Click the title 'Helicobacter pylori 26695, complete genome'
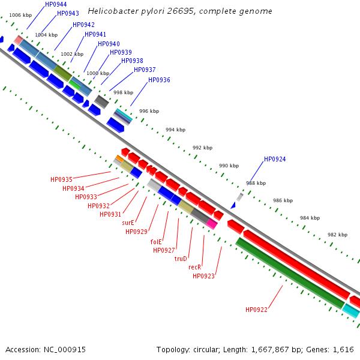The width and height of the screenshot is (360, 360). [179, 11]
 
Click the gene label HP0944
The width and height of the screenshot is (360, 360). [56, 4]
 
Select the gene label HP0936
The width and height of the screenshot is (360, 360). [159, 80]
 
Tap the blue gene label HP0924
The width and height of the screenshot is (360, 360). [275, 160]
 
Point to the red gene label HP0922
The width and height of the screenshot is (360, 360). [256, 310]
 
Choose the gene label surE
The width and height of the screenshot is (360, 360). [128, 222]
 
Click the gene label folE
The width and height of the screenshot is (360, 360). [156, 242]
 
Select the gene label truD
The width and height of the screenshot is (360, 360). [181, 259]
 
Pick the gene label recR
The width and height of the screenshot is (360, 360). [194, 267]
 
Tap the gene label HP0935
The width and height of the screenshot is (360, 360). [61, 179]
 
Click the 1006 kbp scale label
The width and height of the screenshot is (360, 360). [20, 14]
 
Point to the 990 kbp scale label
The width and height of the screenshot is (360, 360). [229, 166]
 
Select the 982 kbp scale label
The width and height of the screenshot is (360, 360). [337, 235]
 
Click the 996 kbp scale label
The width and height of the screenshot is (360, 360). [149, 111]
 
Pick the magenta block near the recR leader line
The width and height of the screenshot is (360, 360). [211, 224]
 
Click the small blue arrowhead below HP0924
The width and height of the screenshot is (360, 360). [233, 205]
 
